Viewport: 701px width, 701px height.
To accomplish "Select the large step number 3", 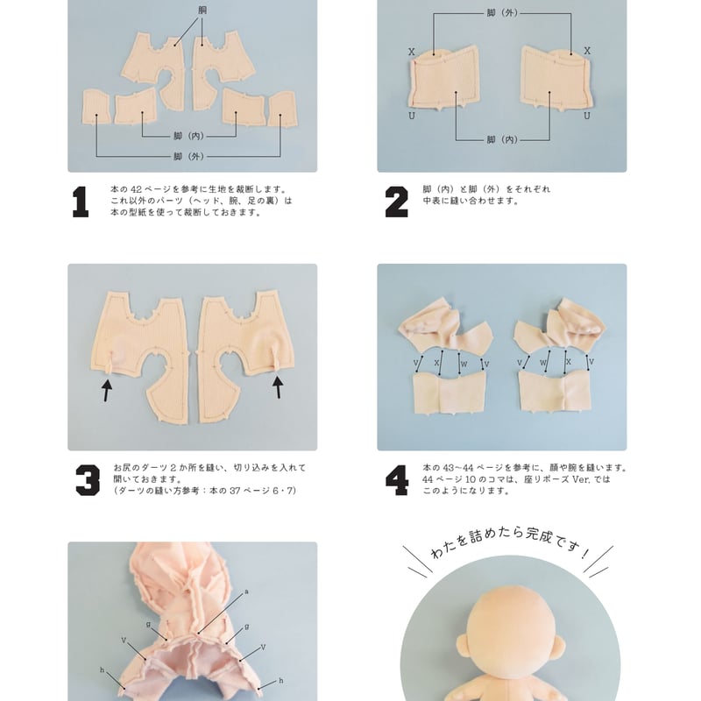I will click(x=87, y=479).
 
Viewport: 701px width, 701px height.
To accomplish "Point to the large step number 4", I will click(x=397, y=479).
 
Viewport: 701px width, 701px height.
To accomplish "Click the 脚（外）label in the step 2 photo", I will click(x=501, y=14).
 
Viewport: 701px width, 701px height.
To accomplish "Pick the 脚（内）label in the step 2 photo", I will click(x=501, y=139).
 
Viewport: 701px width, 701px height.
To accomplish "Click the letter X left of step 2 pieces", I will click(x=411, y=52).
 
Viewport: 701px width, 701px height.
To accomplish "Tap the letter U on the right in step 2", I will click(x=587, y=116).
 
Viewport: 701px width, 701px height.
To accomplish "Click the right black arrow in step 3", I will click(x=278, y=386).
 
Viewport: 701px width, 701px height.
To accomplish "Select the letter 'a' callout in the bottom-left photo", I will click(x=246, y=591).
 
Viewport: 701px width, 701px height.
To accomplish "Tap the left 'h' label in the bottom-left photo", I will click(x=102, y=669).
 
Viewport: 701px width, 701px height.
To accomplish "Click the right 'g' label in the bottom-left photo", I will click(x=246, y=627).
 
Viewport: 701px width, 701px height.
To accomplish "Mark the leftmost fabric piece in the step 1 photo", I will click(x=98, y=108).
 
